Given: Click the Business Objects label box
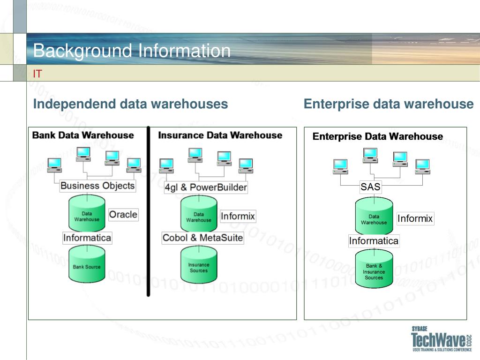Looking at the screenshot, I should coord(97,186).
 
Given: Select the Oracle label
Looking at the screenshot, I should coord(123,215).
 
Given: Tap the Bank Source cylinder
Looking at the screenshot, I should coord(87,265).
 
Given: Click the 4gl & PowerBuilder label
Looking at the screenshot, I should coord(205,187).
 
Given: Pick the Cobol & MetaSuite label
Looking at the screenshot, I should coord(202,238).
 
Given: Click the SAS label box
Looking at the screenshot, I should coord(370,187).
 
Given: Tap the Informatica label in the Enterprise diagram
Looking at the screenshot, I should coord(374,241).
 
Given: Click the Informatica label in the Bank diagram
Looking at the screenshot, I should coord(87,238).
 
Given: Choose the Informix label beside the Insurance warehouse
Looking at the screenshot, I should coord(238,216).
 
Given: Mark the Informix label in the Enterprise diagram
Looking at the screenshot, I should coord(415,218).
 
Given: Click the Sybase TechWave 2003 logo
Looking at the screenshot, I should coord(441,339).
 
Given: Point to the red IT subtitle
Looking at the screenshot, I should coord(37,74).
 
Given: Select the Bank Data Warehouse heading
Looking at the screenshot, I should coord(83,135).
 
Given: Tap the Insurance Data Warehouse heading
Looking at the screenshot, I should coord(220,135).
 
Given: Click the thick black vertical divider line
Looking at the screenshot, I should coord(149,211).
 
